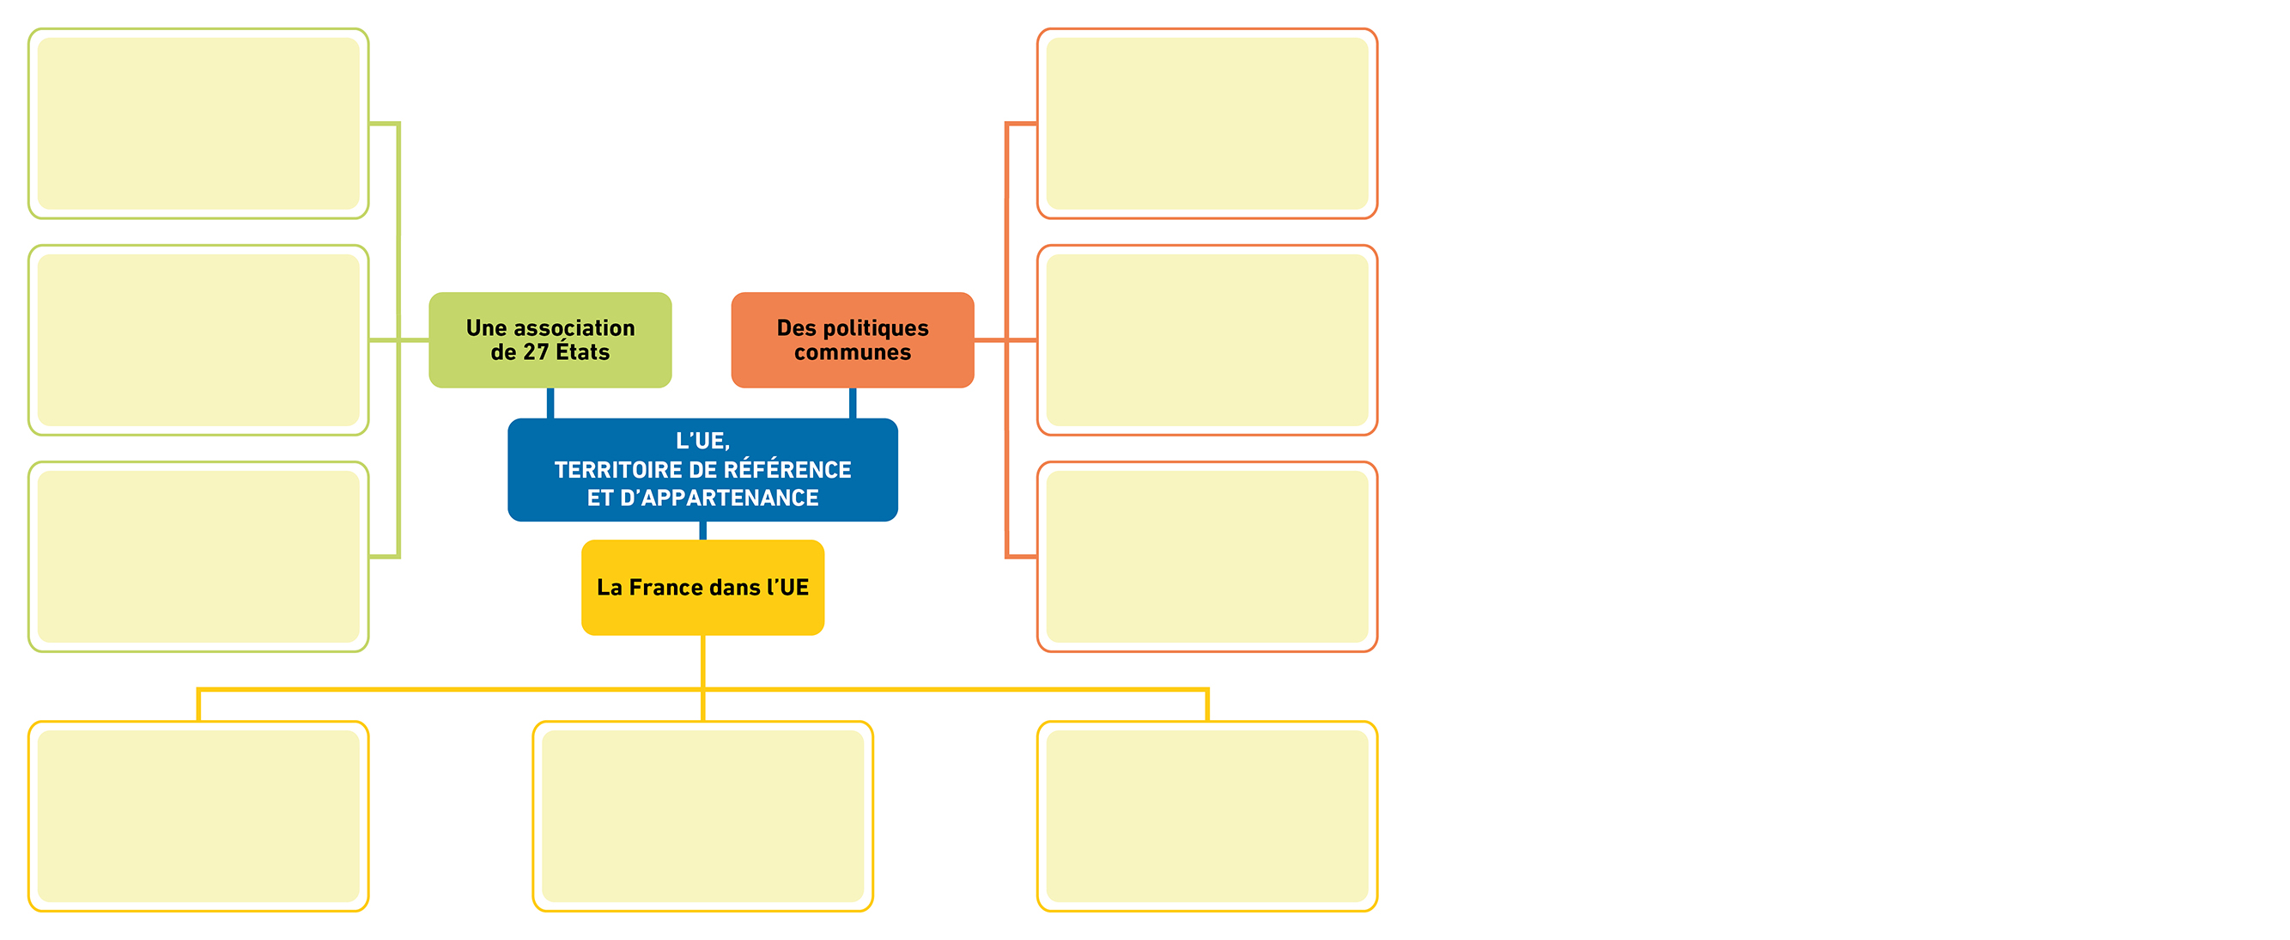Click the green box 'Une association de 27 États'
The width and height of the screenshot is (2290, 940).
coord(550,339)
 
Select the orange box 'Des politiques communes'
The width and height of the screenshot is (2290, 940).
coord(853,339)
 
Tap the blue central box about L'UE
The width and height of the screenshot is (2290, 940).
coord(702,469)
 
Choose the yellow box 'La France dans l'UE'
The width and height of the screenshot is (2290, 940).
coord(702,587)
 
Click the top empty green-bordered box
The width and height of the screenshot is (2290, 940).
coord(198,124)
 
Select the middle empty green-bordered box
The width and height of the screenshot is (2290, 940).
coord(198,339)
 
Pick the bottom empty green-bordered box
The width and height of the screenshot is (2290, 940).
coord(198,557)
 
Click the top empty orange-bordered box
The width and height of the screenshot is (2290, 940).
coord(1207,124)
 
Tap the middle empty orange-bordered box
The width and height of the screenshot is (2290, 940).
coord(1207,339)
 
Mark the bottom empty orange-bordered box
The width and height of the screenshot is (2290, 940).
coord(1207,557)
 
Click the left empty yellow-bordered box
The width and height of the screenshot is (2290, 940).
coord(198,816)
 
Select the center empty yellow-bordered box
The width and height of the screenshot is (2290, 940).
coord(702,816)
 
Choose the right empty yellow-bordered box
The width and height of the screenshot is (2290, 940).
coord(1207,816)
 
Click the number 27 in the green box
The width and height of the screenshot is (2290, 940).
coord(536,353)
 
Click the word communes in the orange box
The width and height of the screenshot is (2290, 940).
coord(853,353)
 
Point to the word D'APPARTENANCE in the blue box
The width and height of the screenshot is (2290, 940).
coord(720,498)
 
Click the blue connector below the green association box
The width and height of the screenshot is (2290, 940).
coord(550,403)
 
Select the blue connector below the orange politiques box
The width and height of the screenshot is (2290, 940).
coord(853,403)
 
